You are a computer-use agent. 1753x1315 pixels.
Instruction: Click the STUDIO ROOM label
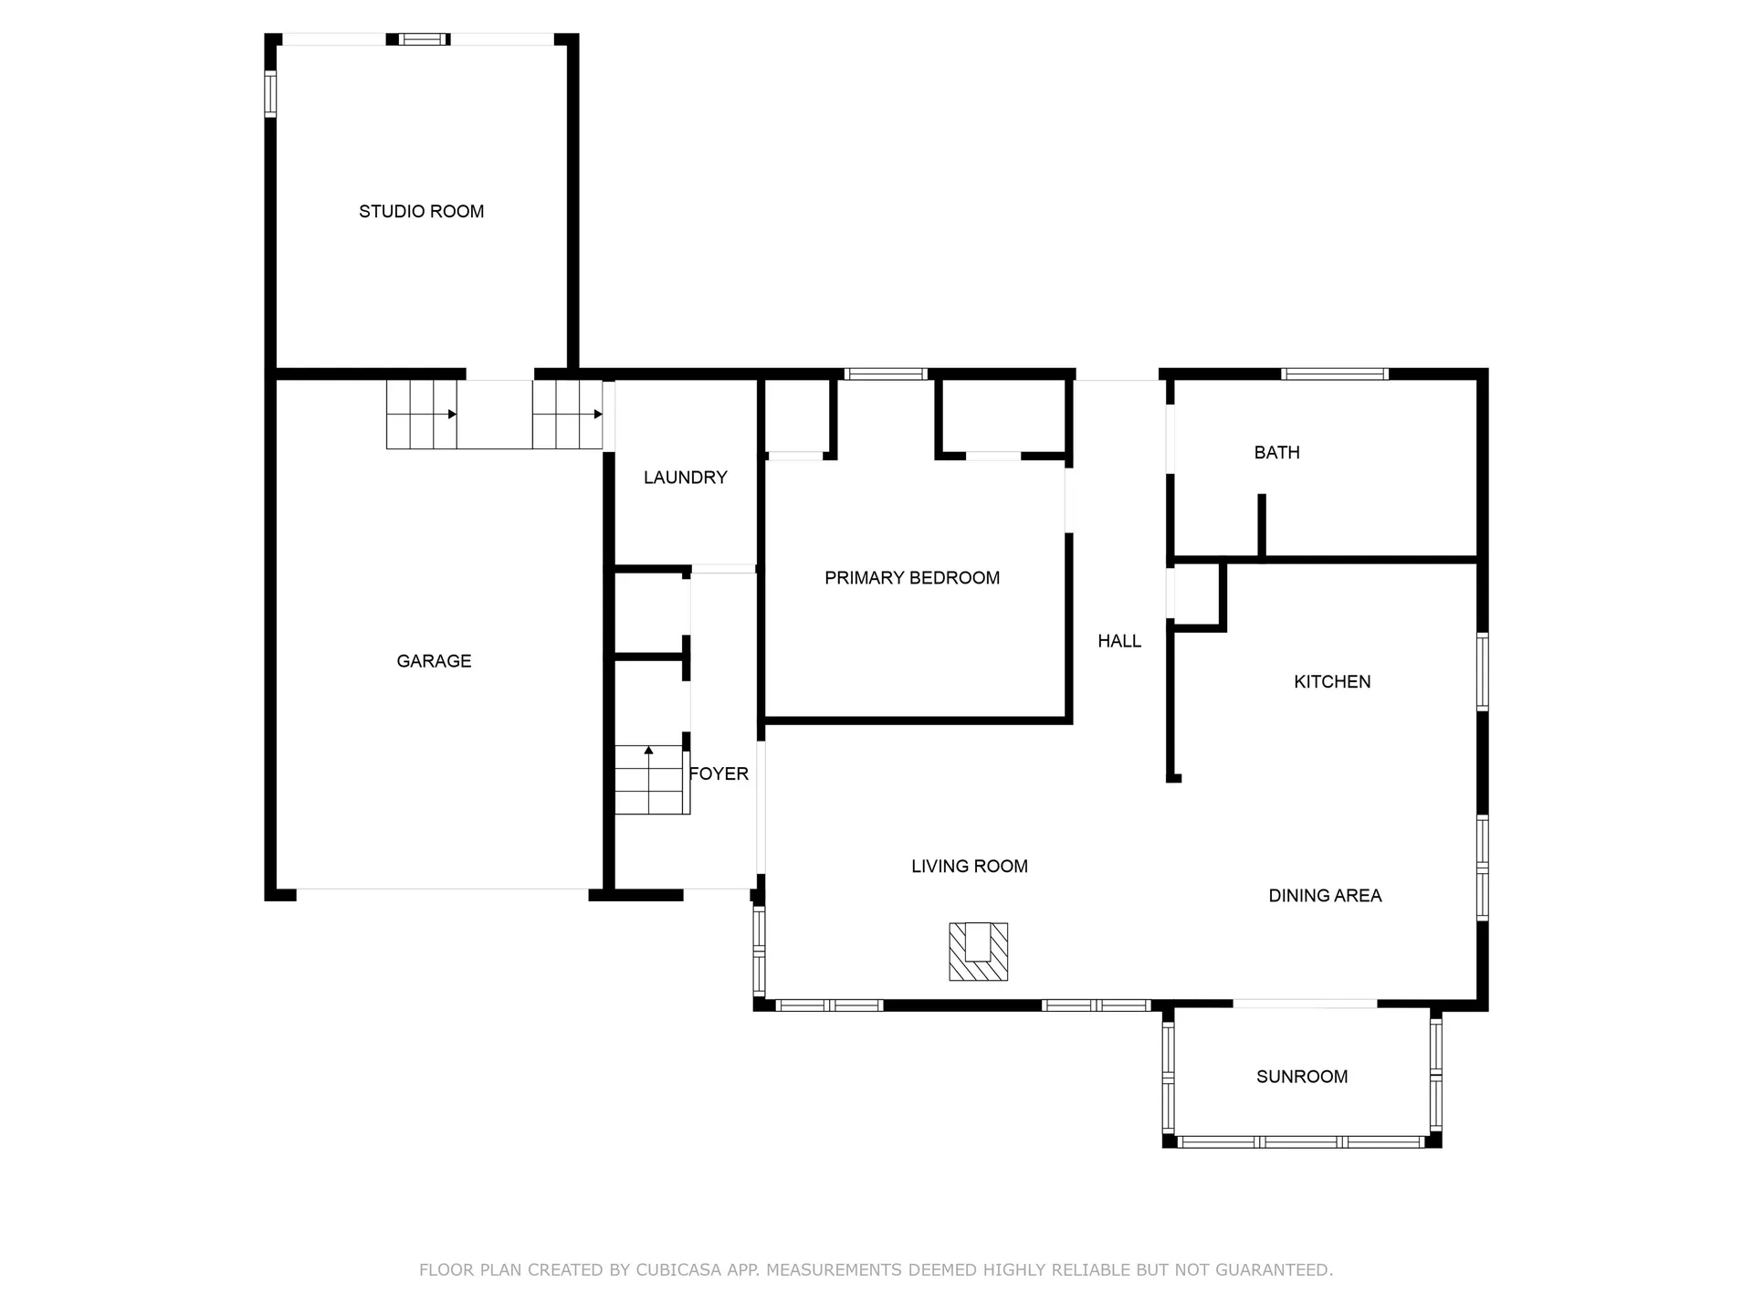coord(421,212)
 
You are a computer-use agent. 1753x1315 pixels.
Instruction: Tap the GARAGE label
coord(434,661)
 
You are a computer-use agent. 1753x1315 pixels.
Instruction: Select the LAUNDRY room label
coord(686,478)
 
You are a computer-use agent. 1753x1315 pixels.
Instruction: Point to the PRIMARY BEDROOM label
coord(912,578)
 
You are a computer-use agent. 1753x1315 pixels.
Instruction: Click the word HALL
coord(1119,641)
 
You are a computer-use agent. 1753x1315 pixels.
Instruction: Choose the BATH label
coord(1276,452)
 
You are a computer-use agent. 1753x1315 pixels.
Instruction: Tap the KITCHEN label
coord(1332,681)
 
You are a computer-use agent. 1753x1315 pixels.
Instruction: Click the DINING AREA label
coord(1325,896)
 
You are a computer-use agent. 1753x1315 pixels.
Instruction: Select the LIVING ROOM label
coord(970,867)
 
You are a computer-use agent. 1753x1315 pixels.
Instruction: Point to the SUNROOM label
coord(1302,1077)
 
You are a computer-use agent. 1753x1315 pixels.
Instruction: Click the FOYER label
coord(719,773)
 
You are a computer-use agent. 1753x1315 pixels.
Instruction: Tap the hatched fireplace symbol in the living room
coord(978,952)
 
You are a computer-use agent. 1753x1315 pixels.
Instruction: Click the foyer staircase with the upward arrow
coord(650,780)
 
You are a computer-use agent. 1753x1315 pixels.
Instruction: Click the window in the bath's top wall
coord(1335,373)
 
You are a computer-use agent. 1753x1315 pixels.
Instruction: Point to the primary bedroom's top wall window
coord(886,373)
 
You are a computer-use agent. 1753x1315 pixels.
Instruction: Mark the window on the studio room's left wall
coord(270,94)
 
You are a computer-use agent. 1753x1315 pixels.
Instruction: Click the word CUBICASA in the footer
coord(678,1269)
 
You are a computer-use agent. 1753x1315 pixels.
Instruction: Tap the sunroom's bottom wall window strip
coord(1301,1141)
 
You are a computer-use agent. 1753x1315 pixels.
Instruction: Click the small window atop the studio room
coord(425,39)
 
